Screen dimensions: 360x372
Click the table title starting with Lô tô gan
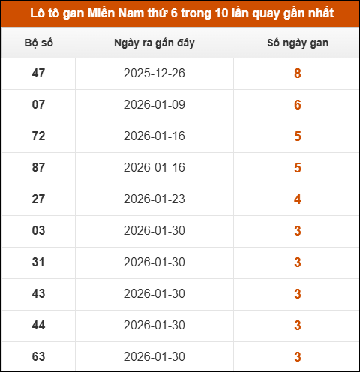tap(180, 13)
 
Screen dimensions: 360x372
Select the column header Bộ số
tap(39, 43)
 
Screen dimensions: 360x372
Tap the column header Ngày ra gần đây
tap(154, 43)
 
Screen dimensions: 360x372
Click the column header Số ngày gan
tap(298, 43)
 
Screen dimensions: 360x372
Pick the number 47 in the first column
tap(39, 73)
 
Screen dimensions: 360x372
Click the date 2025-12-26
tap(154, 73)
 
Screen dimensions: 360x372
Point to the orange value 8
tap(298, 73)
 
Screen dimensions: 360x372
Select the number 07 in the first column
tap(39, 105)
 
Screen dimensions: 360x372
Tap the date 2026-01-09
tap(154, 105)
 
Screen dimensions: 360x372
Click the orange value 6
tap(298, 105)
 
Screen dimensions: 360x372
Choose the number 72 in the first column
tap(39, 136)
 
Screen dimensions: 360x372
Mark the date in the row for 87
tap(154, 168)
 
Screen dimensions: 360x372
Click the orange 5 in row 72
tap(298, 136)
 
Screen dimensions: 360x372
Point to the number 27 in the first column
tap(39, 199)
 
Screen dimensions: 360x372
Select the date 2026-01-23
tap(154, 199)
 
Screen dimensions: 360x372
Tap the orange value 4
tap(298, 199)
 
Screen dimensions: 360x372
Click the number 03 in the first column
tap(39, 231)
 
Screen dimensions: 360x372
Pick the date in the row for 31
tap(154, 262)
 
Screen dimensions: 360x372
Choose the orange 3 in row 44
tap(298, 325)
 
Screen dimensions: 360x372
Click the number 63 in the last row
tap(39, 355)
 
